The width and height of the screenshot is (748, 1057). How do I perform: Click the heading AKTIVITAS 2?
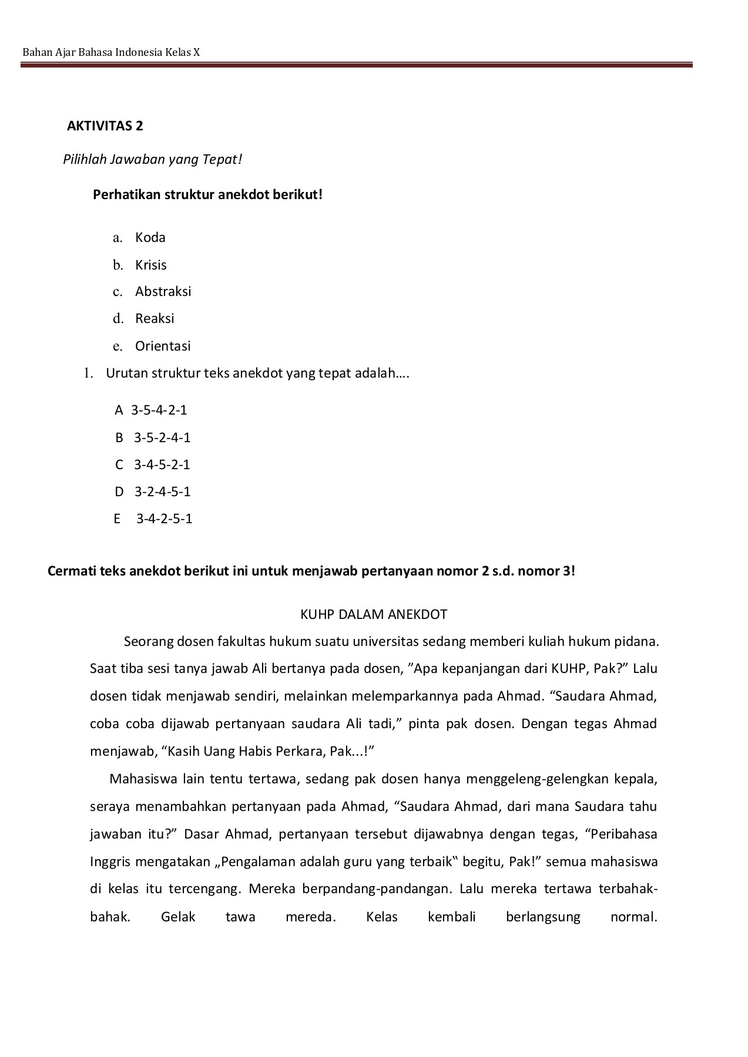point(105,126)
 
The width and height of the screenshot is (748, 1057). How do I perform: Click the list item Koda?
point(150,238)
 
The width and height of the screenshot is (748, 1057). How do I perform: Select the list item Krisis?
point(150,265)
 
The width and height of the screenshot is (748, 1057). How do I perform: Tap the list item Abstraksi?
point(163,292)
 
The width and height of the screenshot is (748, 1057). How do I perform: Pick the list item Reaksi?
point(155,319)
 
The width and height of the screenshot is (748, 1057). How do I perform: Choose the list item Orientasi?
point(163,346)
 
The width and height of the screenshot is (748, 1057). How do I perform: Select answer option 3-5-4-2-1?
point(159,410)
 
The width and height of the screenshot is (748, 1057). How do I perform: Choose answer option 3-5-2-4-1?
point(162,438)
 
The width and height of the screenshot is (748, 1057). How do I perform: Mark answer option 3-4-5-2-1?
point(162,465)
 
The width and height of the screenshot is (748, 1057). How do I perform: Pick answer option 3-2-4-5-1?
point(162,492)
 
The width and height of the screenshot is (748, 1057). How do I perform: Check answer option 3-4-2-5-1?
point(164,519)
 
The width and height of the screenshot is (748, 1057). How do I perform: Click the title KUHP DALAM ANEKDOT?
point(374,615)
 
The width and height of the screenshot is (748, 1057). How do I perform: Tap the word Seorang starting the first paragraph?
point(149,642)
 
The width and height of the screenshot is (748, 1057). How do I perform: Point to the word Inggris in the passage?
point(110,863)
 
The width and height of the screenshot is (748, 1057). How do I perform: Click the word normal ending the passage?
point(633,917)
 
